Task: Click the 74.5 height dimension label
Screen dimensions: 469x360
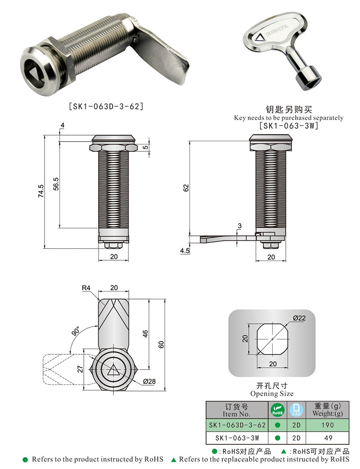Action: coord(41,191)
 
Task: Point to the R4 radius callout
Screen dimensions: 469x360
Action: coord(86,289)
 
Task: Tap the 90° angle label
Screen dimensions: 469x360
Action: coord(75,331)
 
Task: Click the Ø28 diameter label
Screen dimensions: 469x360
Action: coord(149,382)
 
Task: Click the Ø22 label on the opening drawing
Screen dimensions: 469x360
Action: coord(299,318)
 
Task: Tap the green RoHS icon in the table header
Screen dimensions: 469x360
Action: coord(277,410)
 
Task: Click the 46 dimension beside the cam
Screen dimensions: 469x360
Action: coord(145,334)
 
